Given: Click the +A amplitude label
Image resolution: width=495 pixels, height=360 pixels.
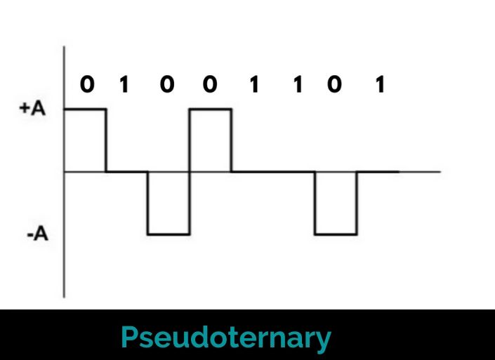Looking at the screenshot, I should [32, 110].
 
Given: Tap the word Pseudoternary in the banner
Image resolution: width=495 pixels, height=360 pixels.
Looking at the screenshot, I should [225, 338].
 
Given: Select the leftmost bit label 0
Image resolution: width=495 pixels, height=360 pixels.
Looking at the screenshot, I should [86, 86].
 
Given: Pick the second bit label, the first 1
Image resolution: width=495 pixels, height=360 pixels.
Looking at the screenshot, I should [124, 86].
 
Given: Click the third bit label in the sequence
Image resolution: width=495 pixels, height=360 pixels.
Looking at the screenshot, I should [166, 86].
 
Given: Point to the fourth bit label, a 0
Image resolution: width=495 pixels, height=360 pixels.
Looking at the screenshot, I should [210, 86].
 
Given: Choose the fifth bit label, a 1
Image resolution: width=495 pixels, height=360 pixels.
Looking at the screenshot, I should [253, 86].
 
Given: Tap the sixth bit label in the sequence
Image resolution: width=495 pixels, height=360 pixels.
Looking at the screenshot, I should [297, 86].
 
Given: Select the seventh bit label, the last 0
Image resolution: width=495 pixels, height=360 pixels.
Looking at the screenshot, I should [335, 86].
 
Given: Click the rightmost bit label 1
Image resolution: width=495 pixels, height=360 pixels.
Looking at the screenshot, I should [380, 86].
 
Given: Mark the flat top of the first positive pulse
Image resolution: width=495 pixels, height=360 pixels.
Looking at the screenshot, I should [85, 109].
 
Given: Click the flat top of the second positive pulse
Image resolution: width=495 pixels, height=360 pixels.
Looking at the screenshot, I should [210, 109].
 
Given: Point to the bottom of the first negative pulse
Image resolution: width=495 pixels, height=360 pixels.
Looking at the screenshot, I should [169, 234].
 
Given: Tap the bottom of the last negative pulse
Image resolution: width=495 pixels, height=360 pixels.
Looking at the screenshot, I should [336, 234].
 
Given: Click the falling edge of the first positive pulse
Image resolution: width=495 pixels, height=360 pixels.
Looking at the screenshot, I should [106, 140].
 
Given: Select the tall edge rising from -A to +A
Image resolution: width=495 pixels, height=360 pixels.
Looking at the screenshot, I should [190, 172].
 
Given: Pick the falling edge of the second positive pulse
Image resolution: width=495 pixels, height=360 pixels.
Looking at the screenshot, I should [231, 140].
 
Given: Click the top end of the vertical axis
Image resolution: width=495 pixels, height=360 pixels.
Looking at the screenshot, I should [65, 48].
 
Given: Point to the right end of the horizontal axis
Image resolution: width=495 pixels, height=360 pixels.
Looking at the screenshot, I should [440, 172].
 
